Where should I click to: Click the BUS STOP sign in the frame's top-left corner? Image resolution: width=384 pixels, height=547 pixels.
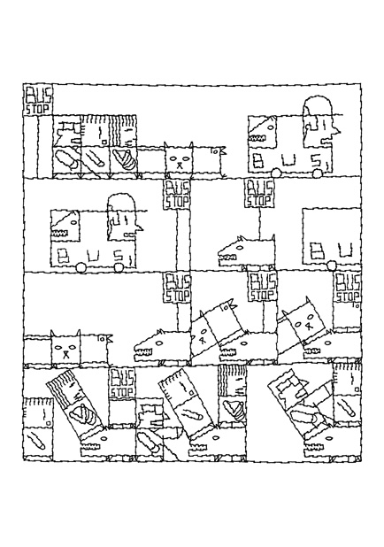[38, 100]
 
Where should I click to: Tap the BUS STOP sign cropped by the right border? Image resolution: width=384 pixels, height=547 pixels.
[348, 288]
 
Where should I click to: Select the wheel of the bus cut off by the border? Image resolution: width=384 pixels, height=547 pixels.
[331, 266]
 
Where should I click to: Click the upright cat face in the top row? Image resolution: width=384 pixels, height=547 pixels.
[179, 159]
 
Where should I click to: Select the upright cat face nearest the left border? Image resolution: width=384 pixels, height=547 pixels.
[65, 348]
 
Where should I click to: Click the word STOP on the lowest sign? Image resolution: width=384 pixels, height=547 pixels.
[121, 392]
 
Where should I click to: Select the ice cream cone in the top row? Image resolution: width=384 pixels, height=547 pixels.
[124, 158]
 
